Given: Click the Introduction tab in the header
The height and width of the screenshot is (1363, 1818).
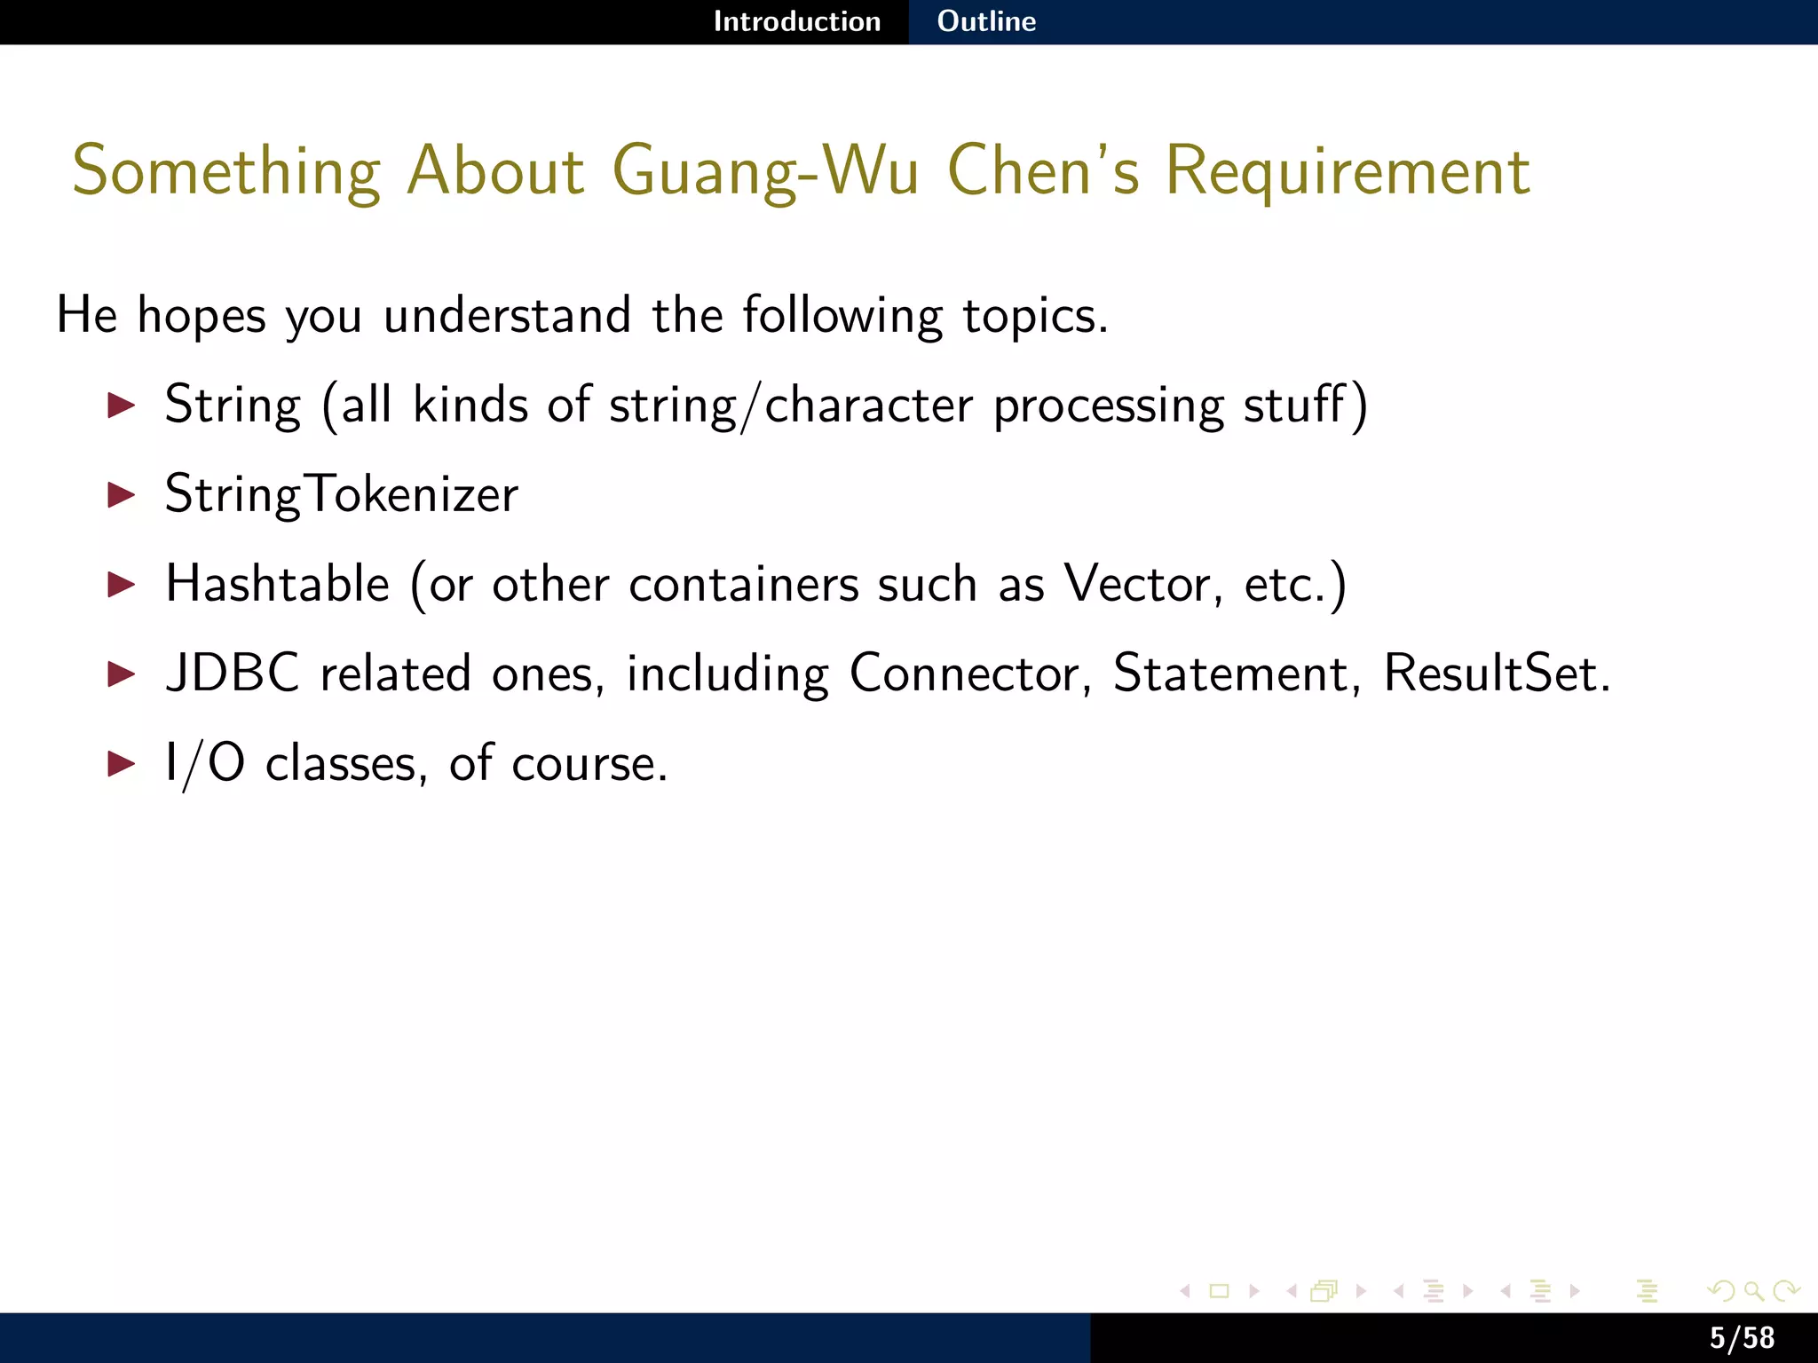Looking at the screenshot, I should click(x=796, y=21).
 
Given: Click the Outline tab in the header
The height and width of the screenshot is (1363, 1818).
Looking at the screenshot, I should click(x=986, y=21).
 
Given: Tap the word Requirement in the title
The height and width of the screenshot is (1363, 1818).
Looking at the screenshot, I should click(x=1347, y=171).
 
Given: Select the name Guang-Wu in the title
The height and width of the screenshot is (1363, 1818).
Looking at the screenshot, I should click(x=765, y=171).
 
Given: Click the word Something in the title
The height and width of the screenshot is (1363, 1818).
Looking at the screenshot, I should click(x=226, y=171).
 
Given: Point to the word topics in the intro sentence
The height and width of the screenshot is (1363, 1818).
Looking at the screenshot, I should click(x=1035, y=317).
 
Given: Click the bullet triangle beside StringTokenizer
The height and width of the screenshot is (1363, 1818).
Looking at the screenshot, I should click(x=121, y=495).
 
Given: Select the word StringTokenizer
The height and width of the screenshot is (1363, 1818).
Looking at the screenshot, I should click(x=342, y=495).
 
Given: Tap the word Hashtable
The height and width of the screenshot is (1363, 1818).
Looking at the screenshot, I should click(x=278, y=585).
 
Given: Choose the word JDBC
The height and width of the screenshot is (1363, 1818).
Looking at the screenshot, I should click(x=233, y=674).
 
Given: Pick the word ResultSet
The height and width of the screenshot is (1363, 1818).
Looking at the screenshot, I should click(x=1497, y=674).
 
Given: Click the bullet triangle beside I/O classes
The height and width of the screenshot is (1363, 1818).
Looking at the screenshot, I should click(x=121, y=763).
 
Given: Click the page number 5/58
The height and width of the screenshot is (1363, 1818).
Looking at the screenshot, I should click(x=1742, y=1338).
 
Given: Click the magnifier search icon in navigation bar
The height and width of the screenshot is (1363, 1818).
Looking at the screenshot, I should click(x=1753, y=1291).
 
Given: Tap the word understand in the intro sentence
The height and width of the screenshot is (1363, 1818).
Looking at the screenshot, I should click(x=507, y=317).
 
